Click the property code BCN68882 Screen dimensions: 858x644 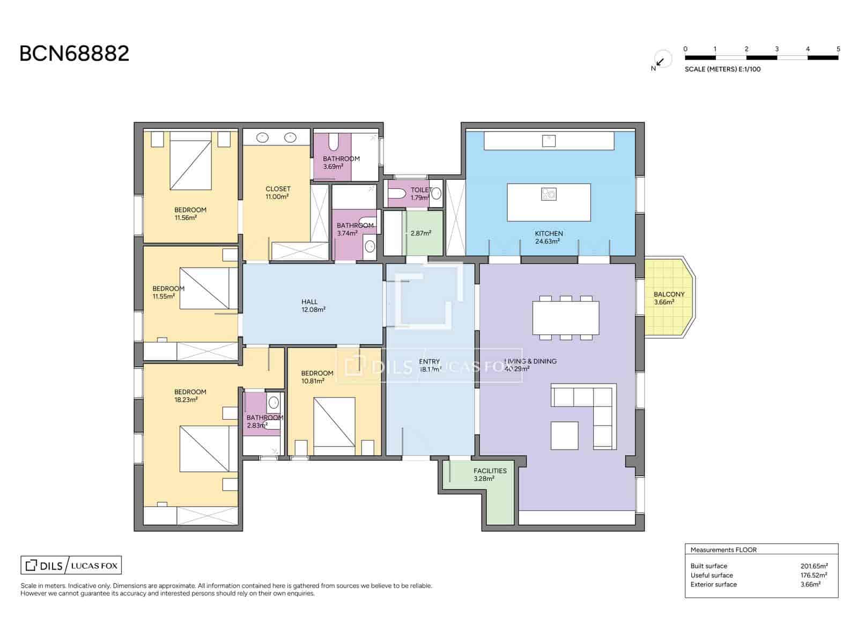74,54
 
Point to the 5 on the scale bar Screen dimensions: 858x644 838,49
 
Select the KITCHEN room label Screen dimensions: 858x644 549,233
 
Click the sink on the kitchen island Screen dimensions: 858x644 549,194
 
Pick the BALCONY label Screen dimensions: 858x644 669,294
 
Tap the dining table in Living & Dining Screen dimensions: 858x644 565,318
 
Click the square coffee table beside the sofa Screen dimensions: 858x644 564,435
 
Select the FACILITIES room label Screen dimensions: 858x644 490,471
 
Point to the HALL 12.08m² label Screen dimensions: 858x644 313,305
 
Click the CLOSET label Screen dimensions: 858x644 278,189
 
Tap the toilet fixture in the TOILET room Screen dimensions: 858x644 397,193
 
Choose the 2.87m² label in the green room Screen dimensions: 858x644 420,233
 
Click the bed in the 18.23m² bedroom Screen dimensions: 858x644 204,449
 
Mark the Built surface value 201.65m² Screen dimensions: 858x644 814,566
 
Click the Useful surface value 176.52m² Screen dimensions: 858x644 813,575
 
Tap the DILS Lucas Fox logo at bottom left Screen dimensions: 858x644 71,565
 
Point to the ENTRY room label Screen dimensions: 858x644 429,362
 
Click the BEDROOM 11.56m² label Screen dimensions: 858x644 190,214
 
